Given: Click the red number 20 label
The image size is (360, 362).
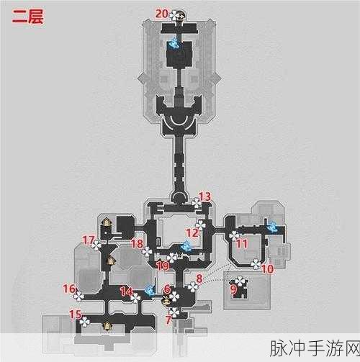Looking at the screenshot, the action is pos(161,14).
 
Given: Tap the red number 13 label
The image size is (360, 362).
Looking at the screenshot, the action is pos(205,196).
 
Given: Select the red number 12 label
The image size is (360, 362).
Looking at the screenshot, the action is pos(192,233).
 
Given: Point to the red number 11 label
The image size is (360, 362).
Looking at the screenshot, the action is pos(242,244).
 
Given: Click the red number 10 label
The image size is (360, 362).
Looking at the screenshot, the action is pos(267,269).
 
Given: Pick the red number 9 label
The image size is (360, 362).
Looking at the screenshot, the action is pos(233,289).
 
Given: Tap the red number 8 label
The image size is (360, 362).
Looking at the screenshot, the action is pos(199,279).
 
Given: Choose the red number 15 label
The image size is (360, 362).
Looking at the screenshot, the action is pos(75,315).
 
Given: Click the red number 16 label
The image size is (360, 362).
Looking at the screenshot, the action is pos(69,289).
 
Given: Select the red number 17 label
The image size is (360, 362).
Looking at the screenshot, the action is pos(88,240).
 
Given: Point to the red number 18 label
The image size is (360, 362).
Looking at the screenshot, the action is pos(137,244).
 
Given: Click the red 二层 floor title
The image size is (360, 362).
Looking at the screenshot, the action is pos(28,17).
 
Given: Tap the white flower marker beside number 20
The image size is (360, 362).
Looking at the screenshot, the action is pos(174,15).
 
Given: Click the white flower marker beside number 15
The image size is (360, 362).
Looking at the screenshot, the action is pos(85,322).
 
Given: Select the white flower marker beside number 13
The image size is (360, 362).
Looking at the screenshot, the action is pos(197,203).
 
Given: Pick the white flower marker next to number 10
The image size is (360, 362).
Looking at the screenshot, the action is pos(256,264).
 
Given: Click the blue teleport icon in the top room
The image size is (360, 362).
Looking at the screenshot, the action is pos(174,44).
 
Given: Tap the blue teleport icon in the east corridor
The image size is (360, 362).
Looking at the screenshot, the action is pos(273,227).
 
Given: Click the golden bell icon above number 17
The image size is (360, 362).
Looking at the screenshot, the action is pos(107,223).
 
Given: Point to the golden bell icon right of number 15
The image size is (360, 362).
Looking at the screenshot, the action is pos(107,326).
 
